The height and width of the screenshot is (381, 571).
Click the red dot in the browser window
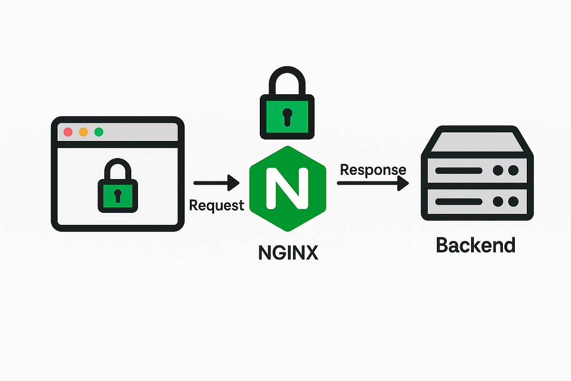pos(68,132)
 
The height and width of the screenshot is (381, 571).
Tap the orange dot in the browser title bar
pos(83,132)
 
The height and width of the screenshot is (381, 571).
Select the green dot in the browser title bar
pos(99,132)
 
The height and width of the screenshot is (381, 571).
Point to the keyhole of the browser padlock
pos(118,195)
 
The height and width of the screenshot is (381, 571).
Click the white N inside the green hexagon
pos(287,188)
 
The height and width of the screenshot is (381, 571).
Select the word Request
pos(217,205)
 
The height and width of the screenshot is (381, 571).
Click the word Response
pos(373,170)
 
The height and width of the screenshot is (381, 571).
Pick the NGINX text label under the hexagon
pos(288,252)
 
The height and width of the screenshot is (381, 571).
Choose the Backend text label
pos(476,245)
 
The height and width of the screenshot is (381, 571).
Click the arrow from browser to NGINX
pos(217,182)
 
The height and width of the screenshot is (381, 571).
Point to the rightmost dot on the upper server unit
pos(513,170)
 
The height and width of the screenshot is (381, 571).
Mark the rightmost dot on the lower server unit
pos(513,202)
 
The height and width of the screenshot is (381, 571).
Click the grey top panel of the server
pos(477,141)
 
